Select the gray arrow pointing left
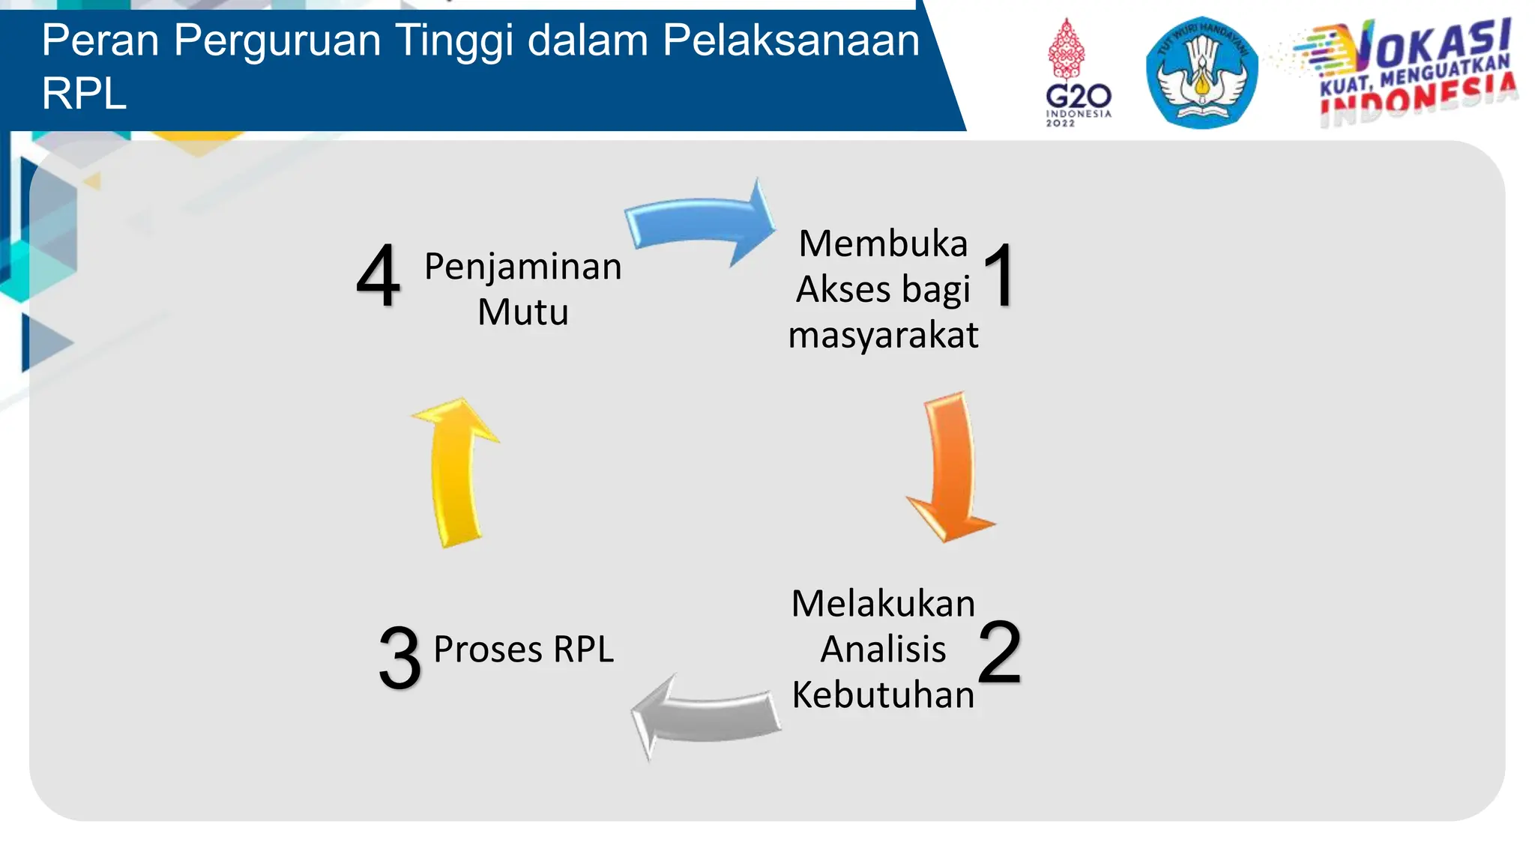click(705, 715)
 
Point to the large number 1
click(1000, 276)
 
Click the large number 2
click(999, 652)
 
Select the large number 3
click(399, 658)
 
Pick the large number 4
click(378, 276)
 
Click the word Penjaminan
click(523, 267)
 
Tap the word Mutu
click(523, 312)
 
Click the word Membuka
click(883, 243)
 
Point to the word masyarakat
click(883, 335)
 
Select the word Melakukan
click(883, 604)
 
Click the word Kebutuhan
click(883, 695)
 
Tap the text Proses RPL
click(523, 649)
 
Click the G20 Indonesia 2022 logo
click(1078, 75)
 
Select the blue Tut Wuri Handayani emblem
click(1201, 73)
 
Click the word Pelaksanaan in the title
click(791, 40)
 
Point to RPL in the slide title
click(84, 94)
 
